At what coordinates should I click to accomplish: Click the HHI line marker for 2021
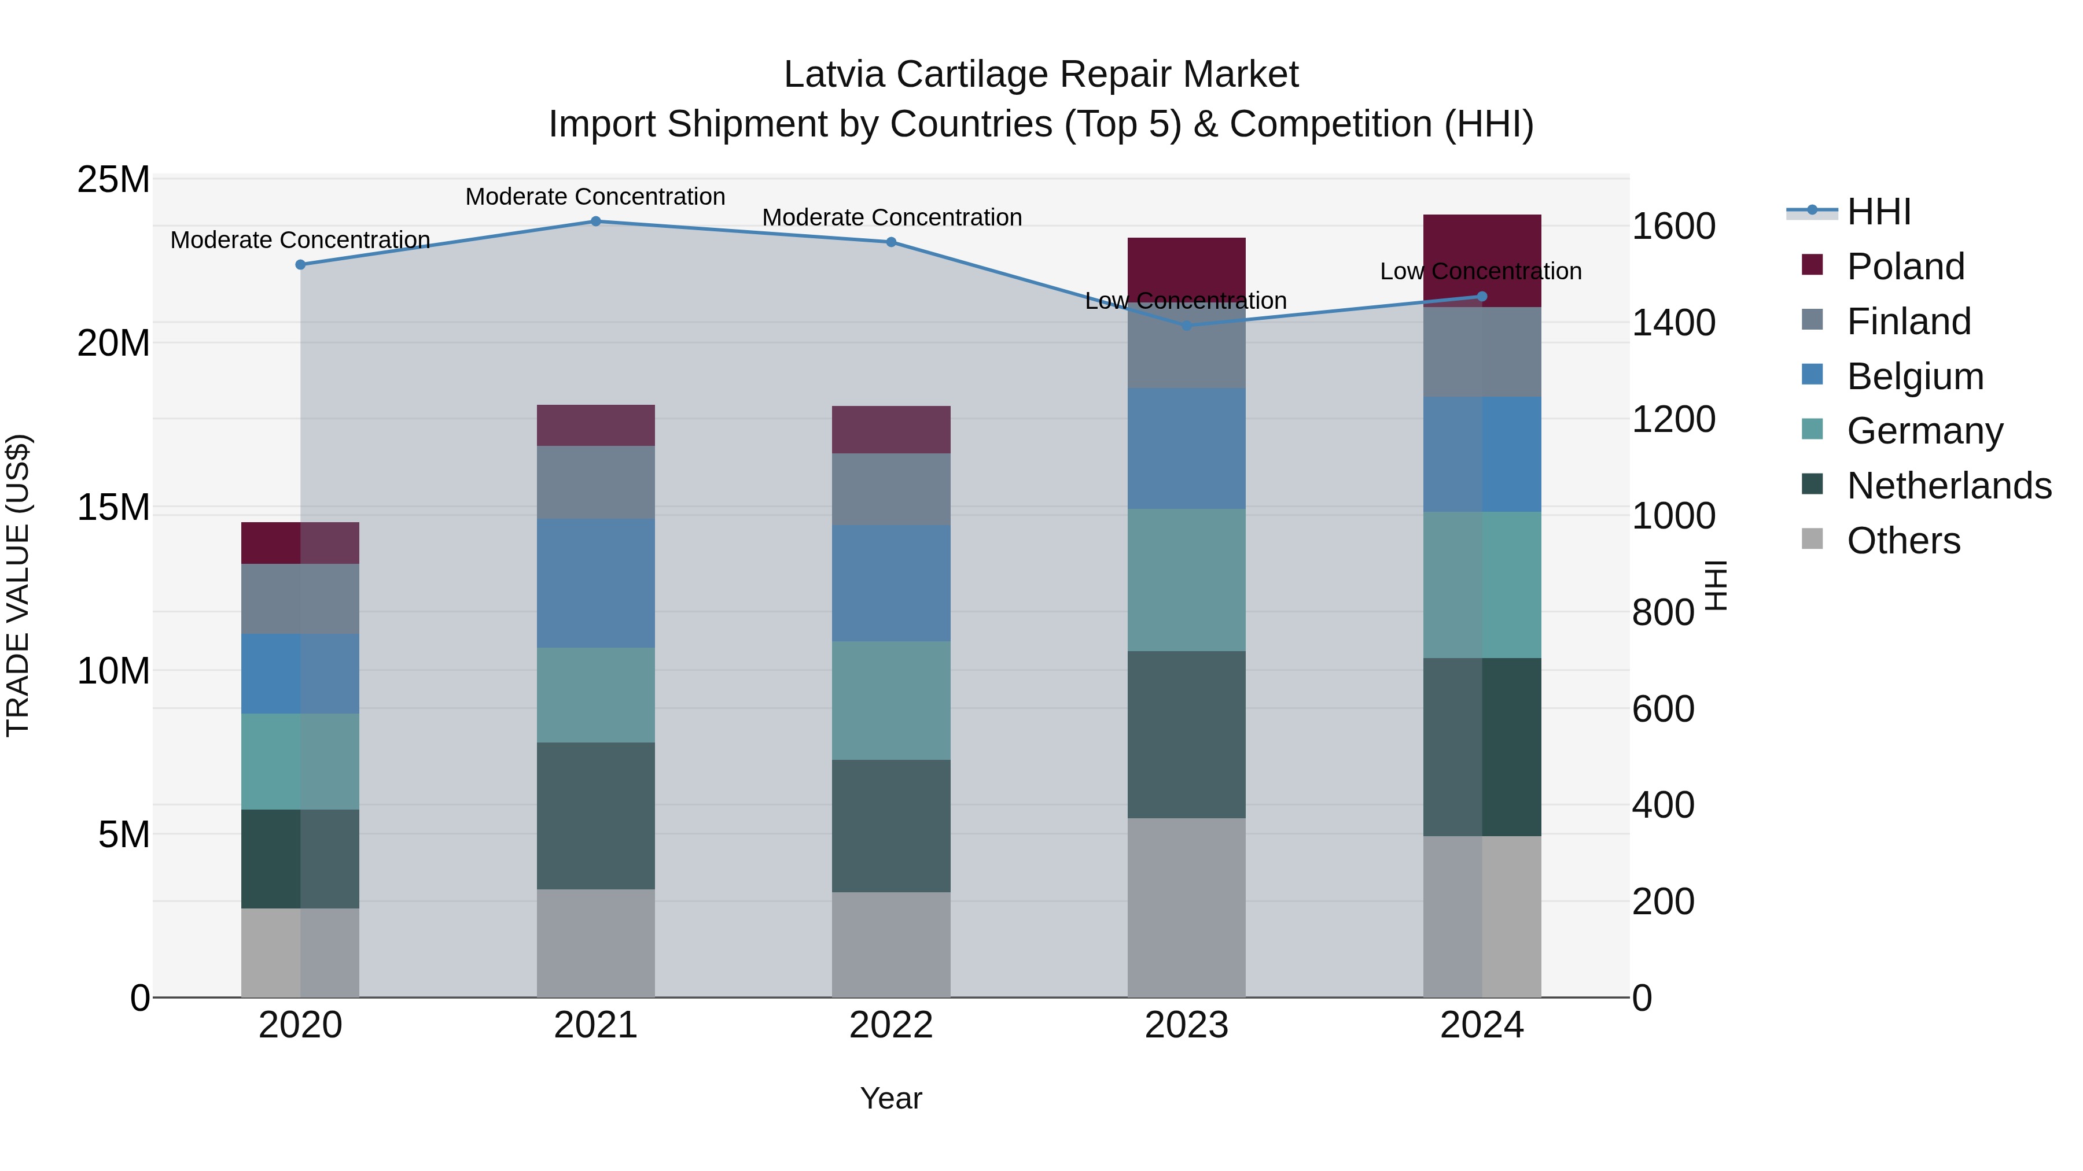pos(595,221)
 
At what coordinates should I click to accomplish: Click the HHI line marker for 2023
pos(1186,326)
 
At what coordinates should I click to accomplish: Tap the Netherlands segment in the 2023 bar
pos(1186,734)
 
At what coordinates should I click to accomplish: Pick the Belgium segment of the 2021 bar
pos(595,583)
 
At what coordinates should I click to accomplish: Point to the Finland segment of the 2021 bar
pos(595,482)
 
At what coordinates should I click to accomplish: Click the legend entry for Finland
pos(1908,322)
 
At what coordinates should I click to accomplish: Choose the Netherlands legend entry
pos(1949,486)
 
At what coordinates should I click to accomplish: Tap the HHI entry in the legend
pos(1878,212)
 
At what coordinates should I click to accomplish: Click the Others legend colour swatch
pos(1812,539)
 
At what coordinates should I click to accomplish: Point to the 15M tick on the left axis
pos(113,508)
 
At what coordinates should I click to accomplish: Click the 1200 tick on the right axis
pos(1672,419)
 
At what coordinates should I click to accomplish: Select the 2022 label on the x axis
pos(891,1025)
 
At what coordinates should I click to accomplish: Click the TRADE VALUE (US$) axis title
pos(18,585)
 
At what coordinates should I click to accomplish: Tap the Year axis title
pos(891,1098)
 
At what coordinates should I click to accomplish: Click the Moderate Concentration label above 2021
pos(595,197)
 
